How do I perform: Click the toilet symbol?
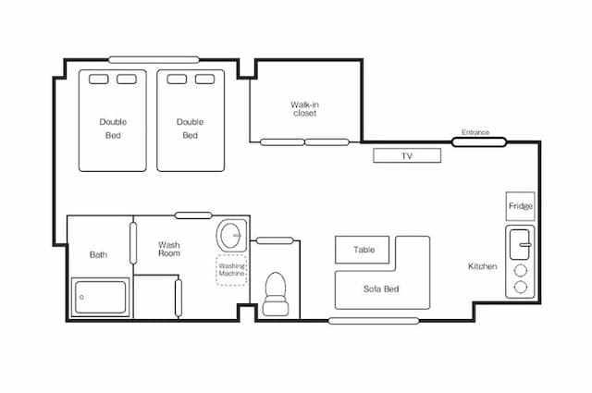click(x=276, y=294)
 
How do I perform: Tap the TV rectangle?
click(x=407, y=155)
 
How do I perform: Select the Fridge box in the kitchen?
click(x=520, y=206)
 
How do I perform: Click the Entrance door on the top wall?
click(x=479, y=142)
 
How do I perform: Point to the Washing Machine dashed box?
click(x=231, y=270)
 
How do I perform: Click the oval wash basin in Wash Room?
click(x=231, y=235)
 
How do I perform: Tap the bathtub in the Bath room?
click(x=101, y=297)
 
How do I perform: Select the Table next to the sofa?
click(x=362, y=250)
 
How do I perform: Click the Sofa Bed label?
click(x=381, y=289)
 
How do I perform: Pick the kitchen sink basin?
click(x=520, y=245)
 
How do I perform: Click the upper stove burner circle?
click(x=521, y=271)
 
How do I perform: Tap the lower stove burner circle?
click(x=521, y=288)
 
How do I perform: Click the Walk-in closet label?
click(x=304, y=109)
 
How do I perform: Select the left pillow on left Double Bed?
click(x=99, y=80)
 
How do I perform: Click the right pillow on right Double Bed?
click(x=205, y=80)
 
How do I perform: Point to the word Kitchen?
click(x=483, y=266)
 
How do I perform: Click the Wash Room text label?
click(x=168, y=249)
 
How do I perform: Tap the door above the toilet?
click(x=275, y=240)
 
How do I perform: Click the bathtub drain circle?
click(x=81, y=297)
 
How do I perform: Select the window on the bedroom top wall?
click(x=154, y=60)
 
